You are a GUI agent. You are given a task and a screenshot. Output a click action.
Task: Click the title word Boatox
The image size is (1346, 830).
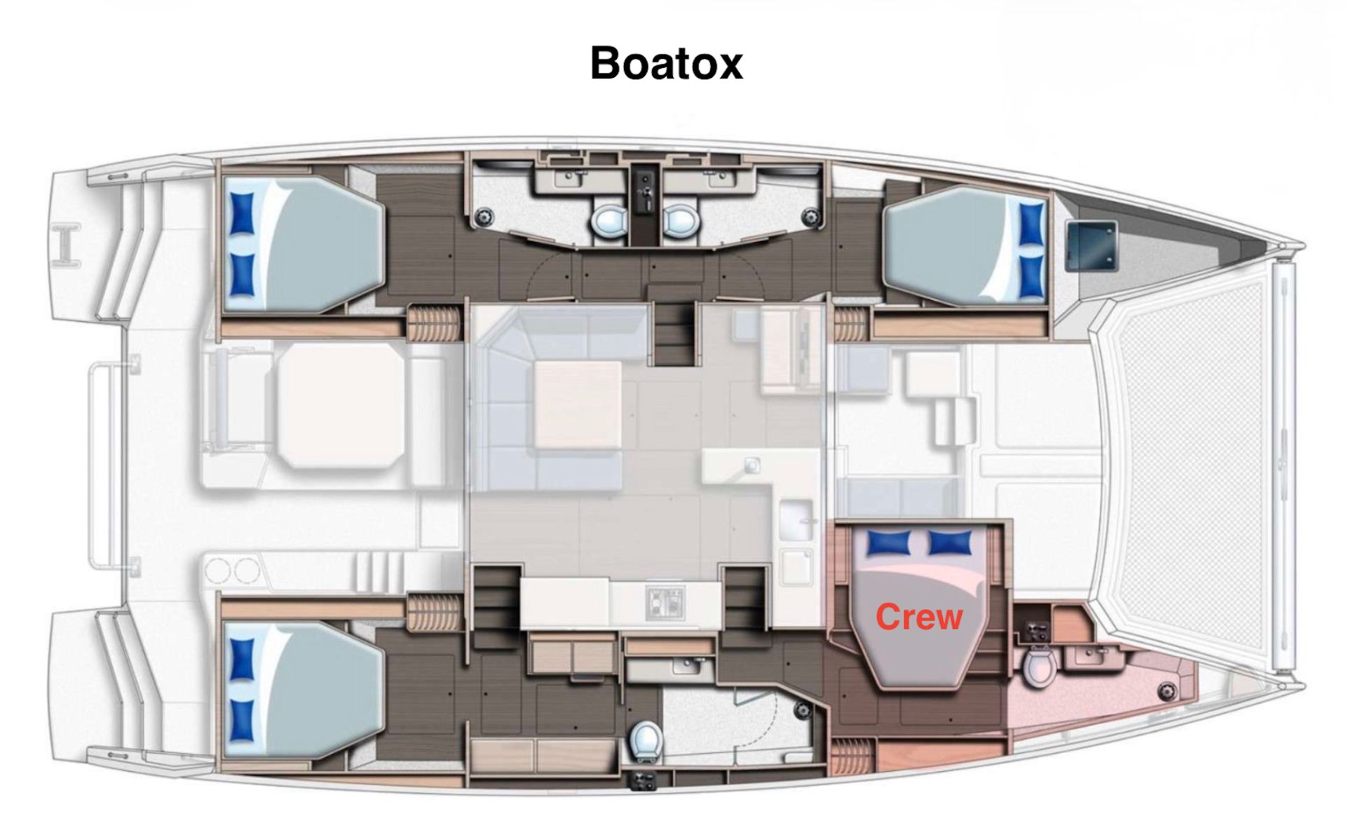(666, 63)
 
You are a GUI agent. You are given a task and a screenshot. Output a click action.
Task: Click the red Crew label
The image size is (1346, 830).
(919, 617)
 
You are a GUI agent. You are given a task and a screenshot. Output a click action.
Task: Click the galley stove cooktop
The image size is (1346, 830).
(665, 601)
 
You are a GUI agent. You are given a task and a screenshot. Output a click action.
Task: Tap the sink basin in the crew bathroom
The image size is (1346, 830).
(1088, 658)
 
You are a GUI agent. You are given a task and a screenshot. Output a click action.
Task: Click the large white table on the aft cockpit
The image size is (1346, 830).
(341, 406)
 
